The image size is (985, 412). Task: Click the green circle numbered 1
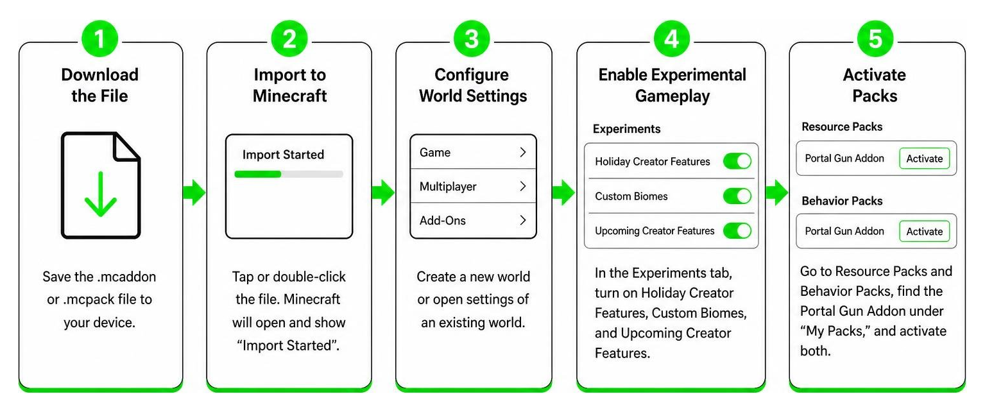(100, 39)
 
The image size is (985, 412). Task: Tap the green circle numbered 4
(671, 39)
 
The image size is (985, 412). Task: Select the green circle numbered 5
(875, 39)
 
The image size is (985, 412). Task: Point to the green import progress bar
(258, 174)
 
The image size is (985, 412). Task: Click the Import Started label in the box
(283, 154)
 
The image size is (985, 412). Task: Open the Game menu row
(473, 152)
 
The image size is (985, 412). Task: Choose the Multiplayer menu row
(473, 186)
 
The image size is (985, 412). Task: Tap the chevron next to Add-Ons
(523, 220)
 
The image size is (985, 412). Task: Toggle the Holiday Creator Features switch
(737, 161)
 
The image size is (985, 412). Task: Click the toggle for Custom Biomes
(737, 196)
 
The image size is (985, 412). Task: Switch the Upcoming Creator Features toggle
(737, 230)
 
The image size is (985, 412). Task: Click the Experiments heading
(627, 129)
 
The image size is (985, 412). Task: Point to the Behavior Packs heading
(842, 201)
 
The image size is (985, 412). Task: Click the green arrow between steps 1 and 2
(194, 192)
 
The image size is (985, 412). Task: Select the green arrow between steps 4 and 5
(776, 192)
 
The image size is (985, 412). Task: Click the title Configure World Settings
(473, 85)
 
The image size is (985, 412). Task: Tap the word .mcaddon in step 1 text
(126, 277)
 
